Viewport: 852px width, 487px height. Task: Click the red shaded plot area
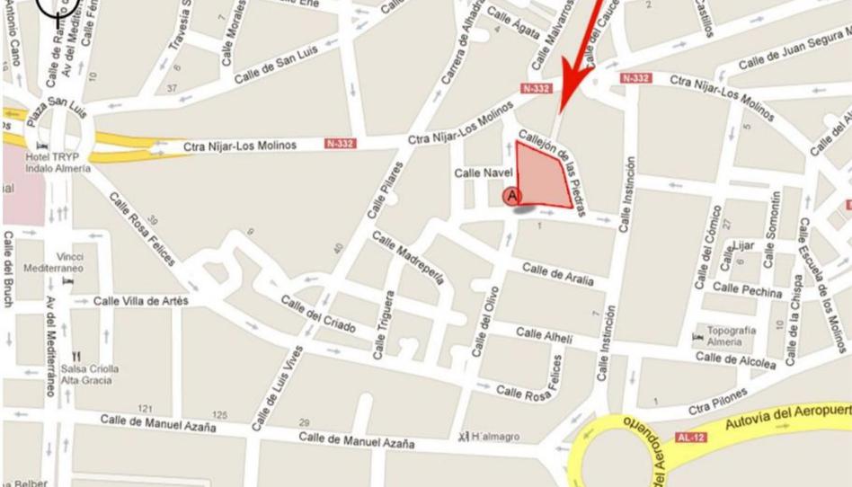coord(543,174)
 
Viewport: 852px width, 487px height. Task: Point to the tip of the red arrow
coord(564,92)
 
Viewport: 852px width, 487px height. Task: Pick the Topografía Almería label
coord(731,336)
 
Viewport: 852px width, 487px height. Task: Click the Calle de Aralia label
coord(557,274)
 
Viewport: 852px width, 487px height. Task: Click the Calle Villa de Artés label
coord(141,300)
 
